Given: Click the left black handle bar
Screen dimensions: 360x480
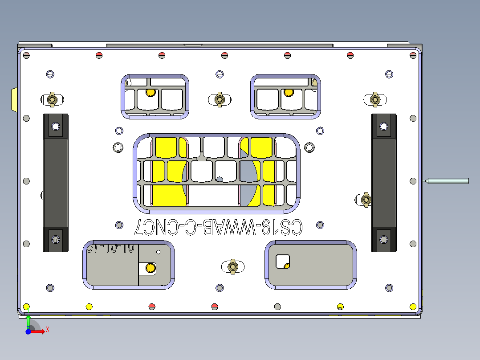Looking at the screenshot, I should (55, 183).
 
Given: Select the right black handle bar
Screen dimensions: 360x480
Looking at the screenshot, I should (383, 183).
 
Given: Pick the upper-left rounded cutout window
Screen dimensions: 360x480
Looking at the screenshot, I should (155, 97).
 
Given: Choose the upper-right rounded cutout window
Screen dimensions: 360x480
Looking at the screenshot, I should (286, 97).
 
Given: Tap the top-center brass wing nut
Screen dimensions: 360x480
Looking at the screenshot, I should (219, 99).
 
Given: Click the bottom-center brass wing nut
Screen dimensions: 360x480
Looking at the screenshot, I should (232, 266).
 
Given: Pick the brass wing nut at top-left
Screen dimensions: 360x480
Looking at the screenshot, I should (52, 99).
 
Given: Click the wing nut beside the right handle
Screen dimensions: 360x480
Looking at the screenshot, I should (366, 200).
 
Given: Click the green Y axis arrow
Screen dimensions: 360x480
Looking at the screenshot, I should (28, 322).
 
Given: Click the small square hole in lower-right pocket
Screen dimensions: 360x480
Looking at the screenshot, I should (282, 261).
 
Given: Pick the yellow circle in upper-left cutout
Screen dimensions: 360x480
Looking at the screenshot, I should (151, 93).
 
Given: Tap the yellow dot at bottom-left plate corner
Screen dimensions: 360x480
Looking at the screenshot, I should (26, 307).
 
